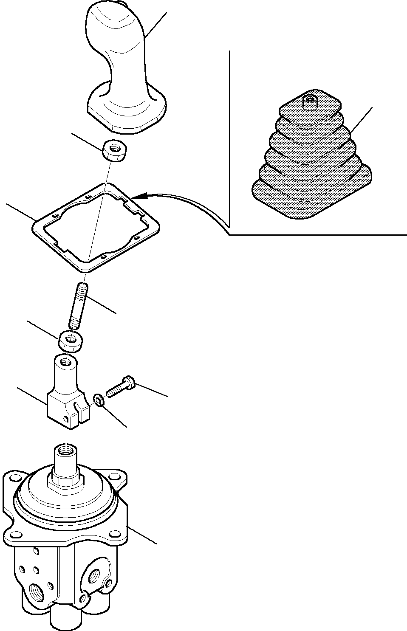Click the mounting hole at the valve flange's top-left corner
[x=14, y=477]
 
